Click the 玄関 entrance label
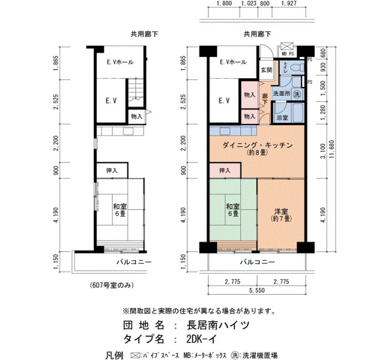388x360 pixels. pos(266,70)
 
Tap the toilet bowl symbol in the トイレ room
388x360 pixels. pos(296,67)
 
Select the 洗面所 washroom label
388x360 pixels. pos(282,94)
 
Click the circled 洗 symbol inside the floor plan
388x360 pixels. pos(298,94)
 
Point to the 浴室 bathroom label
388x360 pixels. pos(282,117)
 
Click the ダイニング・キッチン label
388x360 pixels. pos(258,145)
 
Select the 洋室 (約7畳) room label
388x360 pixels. pos(281,215)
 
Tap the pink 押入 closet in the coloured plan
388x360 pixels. pos(225,171)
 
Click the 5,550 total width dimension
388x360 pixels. pos(257,290)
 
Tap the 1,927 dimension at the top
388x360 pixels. pos(289,3)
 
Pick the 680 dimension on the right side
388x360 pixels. pos(323,53)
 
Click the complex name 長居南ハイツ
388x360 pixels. pos(218,325)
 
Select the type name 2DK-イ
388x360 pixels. pos(202,339)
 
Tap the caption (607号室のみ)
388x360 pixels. pos(111,285)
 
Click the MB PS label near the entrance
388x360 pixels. pos(288,54)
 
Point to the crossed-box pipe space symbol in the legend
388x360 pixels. pos(135,356)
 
